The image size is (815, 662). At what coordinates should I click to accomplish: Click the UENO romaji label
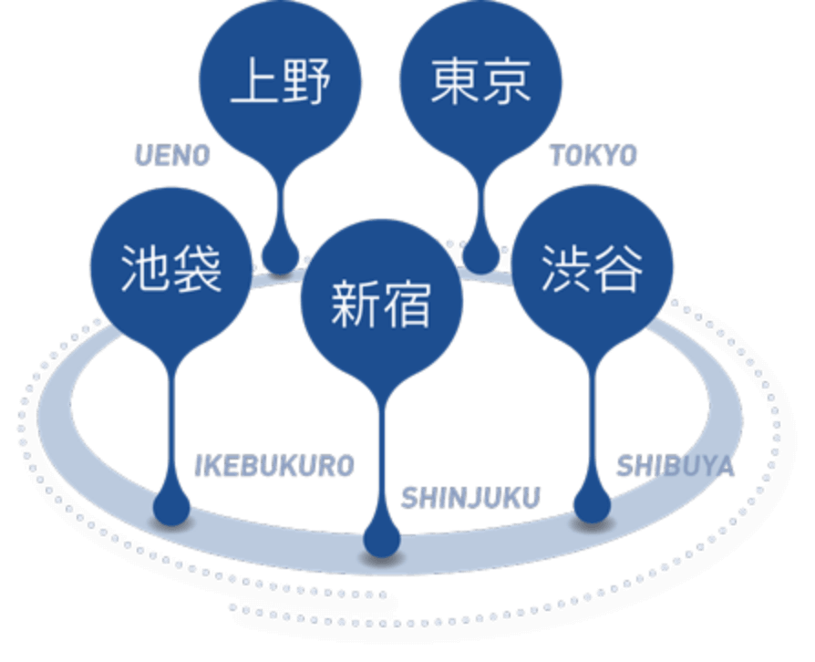point(172,156)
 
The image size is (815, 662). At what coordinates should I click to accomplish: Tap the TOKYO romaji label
point(593,156)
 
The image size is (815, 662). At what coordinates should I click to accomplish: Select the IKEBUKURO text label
point(274,466)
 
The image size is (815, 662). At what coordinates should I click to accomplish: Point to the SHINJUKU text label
point(470,498)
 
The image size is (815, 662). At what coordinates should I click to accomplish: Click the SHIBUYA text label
point(675,467)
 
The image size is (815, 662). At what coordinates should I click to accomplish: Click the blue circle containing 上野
point(281,83)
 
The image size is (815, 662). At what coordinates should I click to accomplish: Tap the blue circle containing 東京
point(480,83)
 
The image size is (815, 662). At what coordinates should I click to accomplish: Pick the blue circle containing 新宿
point(381,302)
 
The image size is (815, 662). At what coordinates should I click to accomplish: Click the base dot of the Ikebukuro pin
point(171,506)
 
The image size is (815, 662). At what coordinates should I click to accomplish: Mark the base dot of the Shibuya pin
point(592,505)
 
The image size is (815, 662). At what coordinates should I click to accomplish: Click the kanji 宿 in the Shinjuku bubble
point(407,303)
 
